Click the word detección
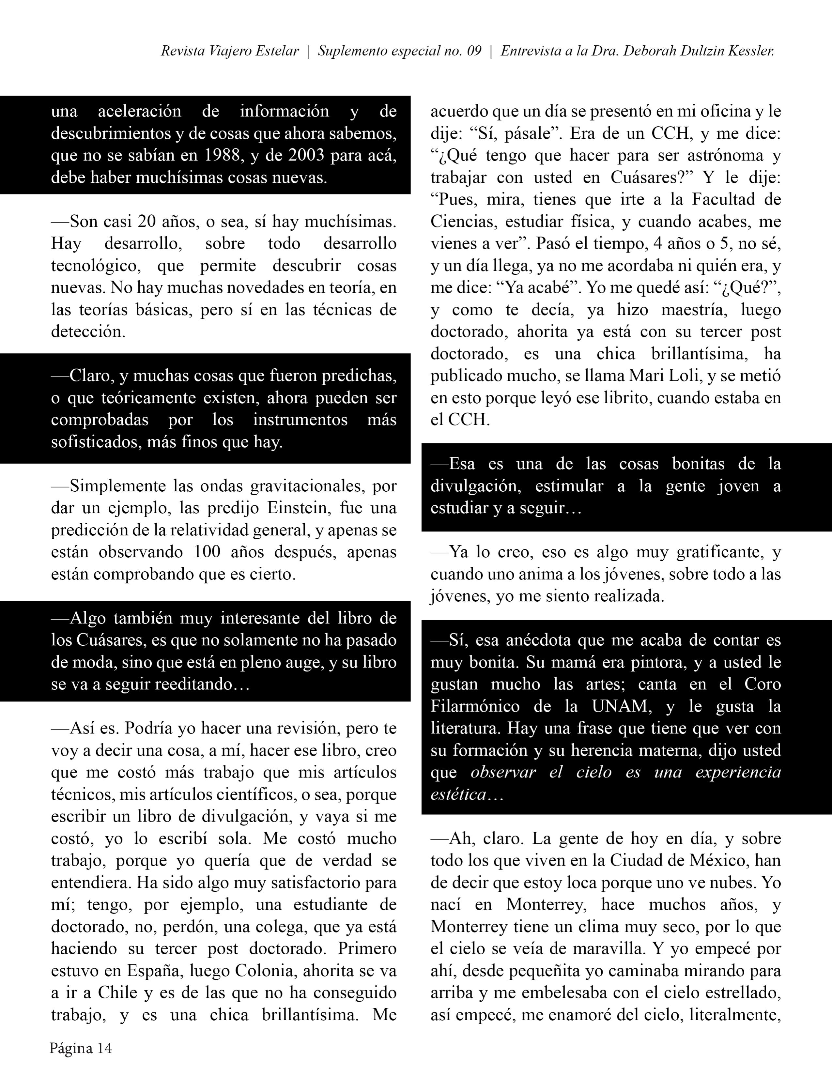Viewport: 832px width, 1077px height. tap(87, 331)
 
